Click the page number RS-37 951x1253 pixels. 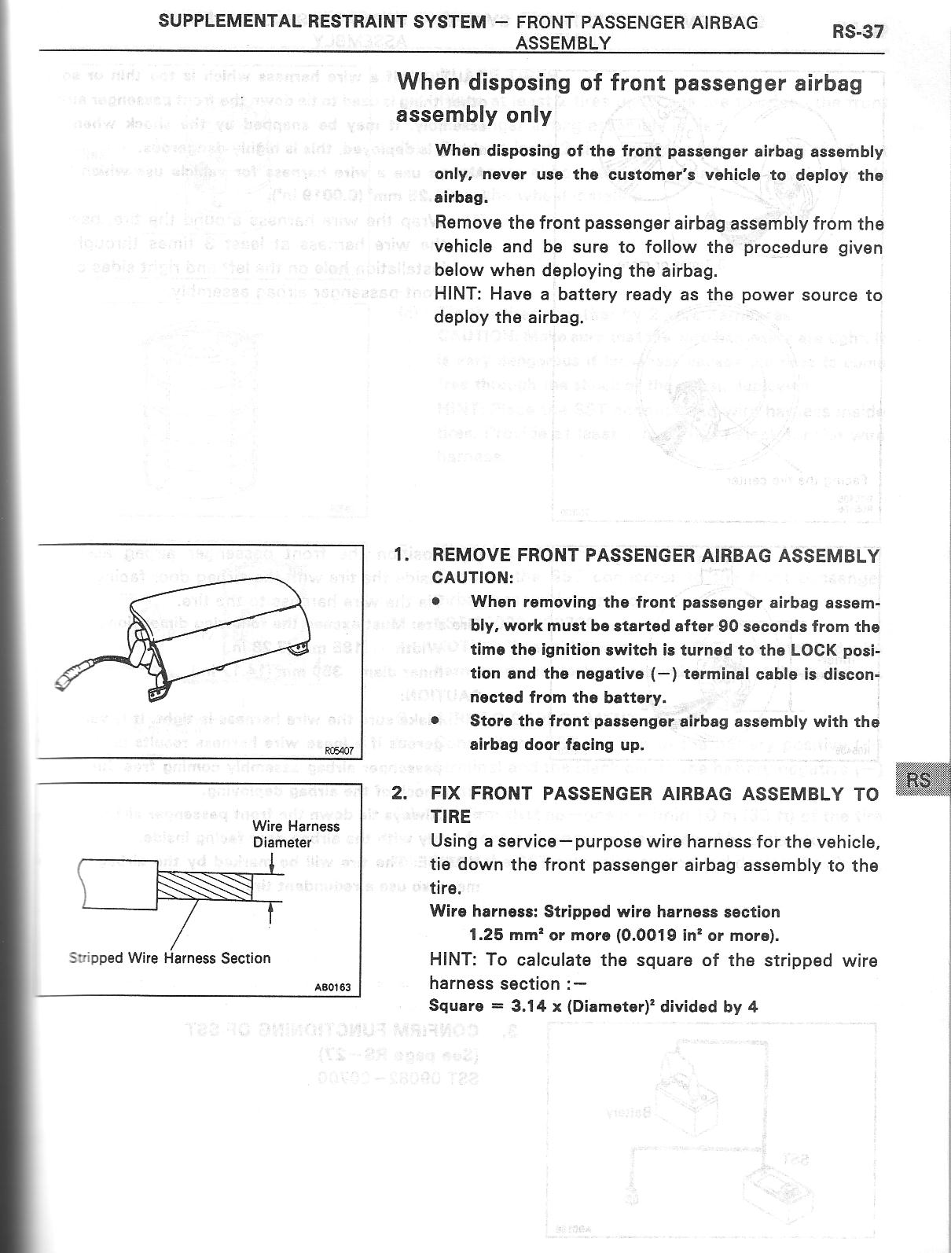(857, 32)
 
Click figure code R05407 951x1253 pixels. (343, 751)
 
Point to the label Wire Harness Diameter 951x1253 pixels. (296, 834)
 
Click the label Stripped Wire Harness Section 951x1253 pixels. (169, 958)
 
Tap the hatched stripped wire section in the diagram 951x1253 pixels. (204, 887)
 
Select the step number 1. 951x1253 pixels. (402, 555)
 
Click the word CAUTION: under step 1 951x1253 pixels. (472, 578)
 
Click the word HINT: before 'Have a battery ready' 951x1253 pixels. (455, 295)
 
